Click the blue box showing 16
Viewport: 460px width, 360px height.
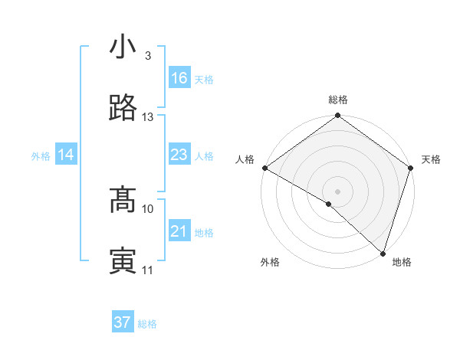(x=179, y=78)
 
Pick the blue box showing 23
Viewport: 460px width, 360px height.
(x=179, y=155)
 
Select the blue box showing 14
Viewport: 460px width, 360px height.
(x=66, y=155)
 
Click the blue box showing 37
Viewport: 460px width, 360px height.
(x=123, y=322)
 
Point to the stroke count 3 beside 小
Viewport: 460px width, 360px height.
(x=148, y=56)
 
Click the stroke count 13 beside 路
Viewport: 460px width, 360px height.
(x=148, y=117)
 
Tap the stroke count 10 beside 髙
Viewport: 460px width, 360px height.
(x=148, y=208)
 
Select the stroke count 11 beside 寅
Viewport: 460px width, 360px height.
(x=148, y=270)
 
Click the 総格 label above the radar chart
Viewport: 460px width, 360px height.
(x=338, y=100)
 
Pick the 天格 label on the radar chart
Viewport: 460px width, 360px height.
(x=432, y=159)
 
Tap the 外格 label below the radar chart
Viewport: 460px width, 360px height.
(x=270, y=262)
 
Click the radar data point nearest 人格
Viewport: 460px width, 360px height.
(x=264, y=168)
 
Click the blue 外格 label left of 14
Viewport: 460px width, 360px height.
(x=41, y=156)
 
